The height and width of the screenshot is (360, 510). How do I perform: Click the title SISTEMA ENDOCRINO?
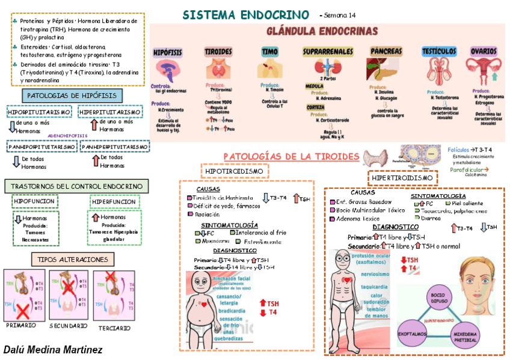[x=245, y=14]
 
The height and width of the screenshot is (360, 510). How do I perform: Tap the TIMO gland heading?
[x=269, y=52]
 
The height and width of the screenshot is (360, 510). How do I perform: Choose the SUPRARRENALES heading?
[x=328, y=52]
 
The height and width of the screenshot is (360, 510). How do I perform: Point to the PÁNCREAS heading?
[x=386, y=52]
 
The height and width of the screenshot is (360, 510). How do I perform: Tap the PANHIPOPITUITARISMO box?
[x=41, y=147]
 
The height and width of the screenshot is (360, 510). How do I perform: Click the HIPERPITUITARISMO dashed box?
[x=109, y=112]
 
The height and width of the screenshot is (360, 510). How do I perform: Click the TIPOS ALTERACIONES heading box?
[x=72, y=260]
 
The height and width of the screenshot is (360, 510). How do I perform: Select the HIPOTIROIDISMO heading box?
[x=234, y=171]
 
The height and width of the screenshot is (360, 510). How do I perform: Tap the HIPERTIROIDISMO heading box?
[x=402, y=178]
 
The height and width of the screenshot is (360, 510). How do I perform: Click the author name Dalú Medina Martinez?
[x=53, y=349]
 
